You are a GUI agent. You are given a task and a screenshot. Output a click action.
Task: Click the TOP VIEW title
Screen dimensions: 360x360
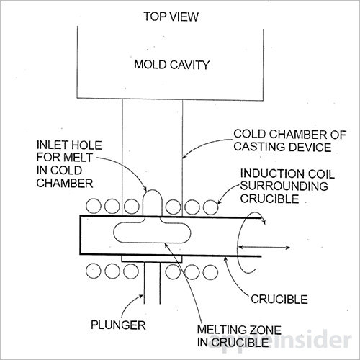pos(171,17)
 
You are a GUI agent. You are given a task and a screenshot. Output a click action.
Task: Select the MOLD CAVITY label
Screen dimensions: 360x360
pos(171,65)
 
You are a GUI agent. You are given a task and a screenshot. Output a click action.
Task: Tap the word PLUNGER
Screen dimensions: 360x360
pos(118,325)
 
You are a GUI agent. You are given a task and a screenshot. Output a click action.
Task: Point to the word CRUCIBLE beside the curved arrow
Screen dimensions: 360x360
pos(279,300)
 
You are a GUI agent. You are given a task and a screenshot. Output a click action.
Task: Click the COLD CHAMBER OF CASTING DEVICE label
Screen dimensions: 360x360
pos(290,140)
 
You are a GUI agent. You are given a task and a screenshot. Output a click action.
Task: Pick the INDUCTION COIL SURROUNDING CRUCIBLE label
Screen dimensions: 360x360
pos(287,186)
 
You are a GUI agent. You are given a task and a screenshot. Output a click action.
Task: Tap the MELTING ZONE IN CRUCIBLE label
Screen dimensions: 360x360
pos(239,336)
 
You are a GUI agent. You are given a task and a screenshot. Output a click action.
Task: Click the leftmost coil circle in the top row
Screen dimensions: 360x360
pos(94,206)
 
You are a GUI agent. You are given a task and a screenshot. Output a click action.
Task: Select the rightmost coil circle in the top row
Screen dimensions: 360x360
pos(210,207)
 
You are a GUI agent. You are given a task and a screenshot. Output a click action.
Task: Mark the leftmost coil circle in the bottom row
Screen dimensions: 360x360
pos(94,271)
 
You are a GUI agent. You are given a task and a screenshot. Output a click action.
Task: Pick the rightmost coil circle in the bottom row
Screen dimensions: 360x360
pos(210,272)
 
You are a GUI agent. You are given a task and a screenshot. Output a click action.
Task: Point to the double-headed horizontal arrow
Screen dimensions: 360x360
pos(264,247)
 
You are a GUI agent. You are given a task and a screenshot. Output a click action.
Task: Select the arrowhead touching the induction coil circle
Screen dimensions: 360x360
pos(219,202)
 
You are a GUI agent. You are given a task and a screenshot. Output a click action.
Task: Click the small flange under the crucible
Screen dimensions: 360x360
pos(152,259)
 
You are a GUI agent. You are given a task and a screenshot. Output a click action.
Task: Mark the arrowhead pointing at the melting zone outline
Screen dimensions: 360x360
pos(166,246)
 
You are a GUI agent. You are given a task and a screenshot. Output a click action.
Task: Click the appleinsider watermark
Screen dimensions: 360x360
pos(279,341)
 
